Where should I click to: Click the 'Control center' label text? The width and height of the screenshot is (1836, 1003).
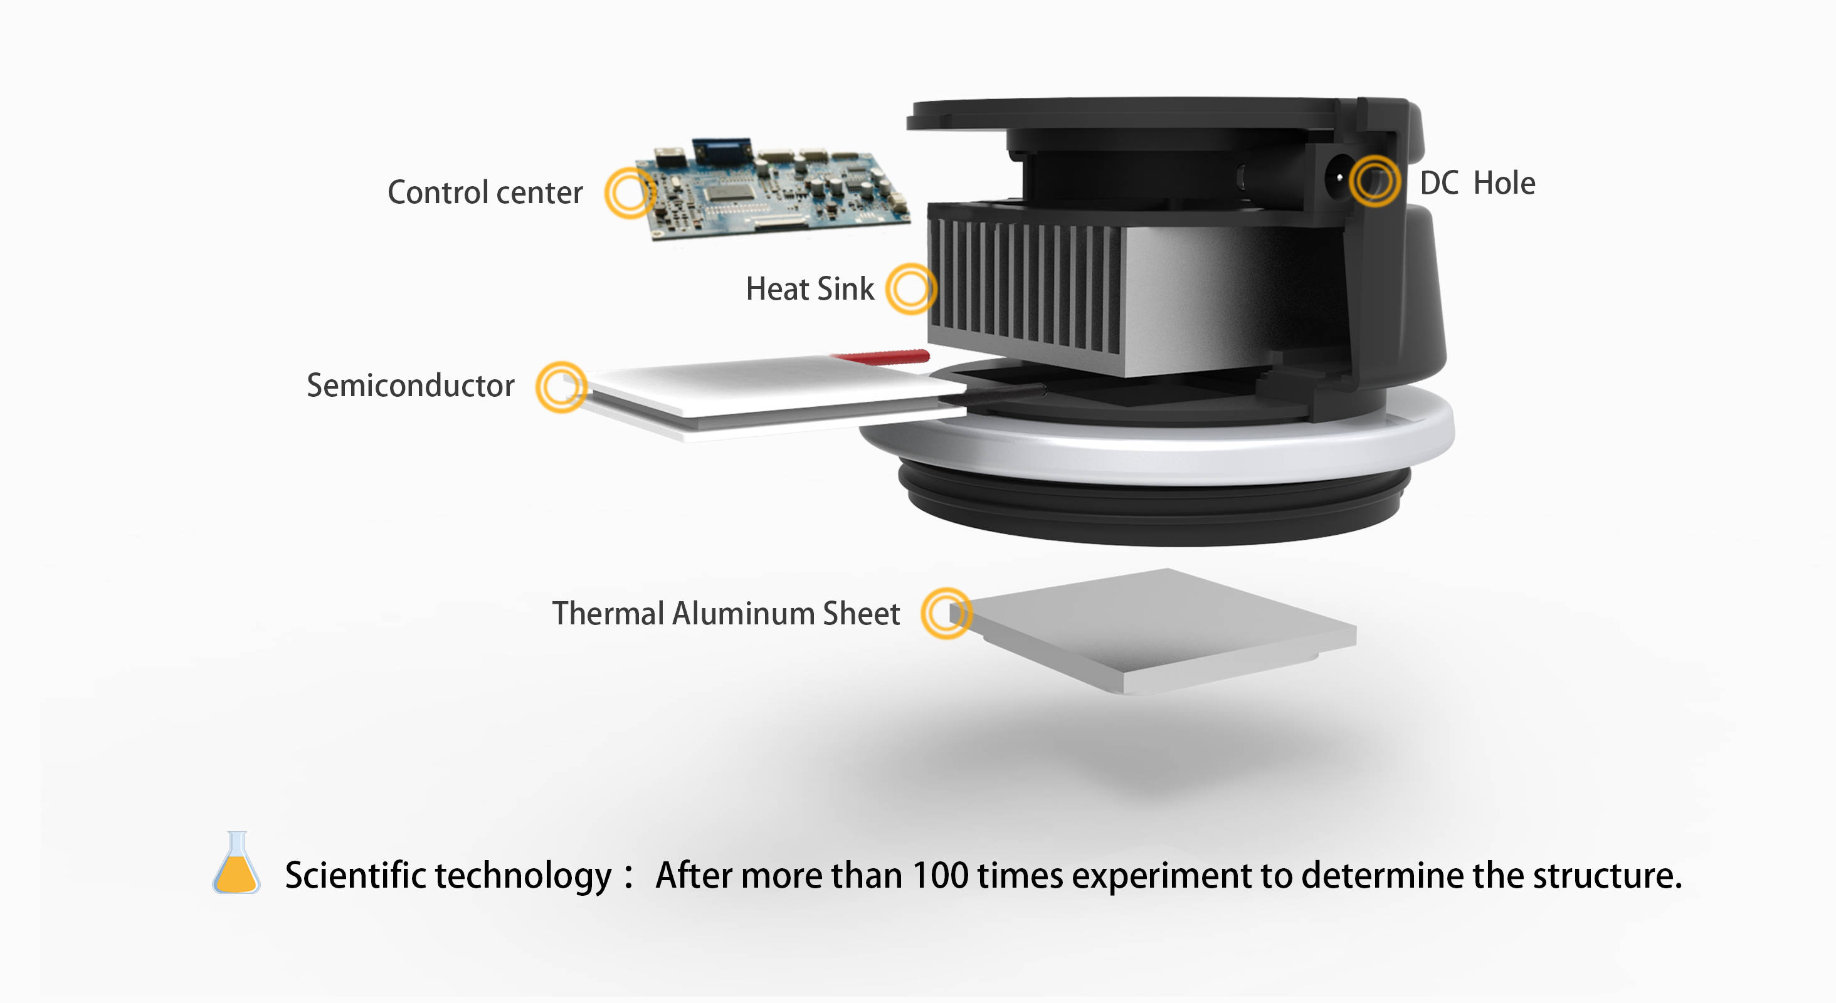point(485,192)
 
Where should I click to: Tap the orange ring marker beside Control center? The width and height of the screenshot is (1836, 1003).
point(630,192)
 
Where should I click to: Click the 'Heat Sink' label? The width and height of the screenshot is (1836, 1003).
point(810,289)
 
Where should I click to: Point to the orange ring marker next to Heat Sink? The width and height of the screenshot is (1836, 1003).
point(911,289)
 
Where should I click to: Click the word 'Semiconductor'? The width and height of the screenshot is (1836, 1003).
point(410,386)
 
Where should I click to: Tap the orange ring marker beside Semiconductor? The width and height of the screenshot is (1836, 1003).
point(562,386)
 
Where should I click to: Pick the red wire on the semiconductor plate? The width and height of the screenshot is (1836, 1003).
point(884,355)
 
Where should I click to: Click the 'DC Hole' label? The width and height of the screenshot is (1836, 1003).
point(1477,183)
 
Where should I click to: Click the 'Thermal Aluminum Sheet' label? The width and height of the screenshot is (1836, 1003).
point(725,613)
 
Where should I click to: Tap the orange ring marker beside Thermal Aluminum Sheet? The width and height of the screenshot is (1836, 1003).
point(946,612)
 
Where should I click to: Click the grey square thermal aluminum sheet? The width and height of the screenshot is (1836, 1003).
point(1154,631)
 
